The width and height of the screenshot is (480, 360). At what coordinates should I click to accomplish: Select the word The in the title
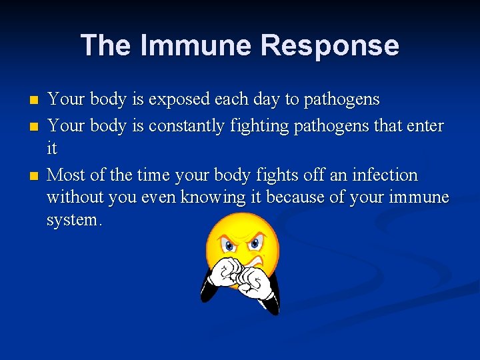point(107,45)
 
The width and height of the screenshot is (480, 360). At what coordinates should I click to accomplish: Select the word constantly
point(187,125)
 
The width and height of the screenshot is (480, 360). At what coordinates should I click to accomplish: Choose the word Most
point(65,175)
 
